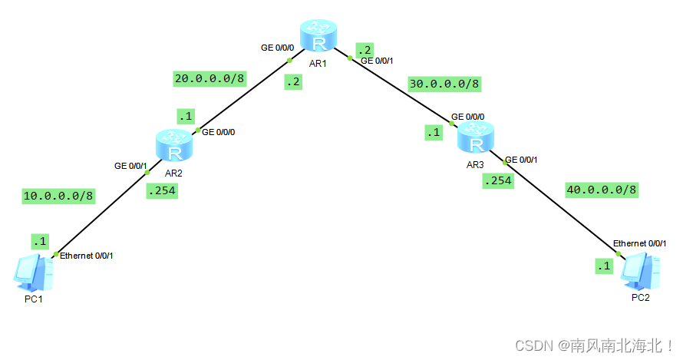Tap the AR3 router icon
[x=477, y=138]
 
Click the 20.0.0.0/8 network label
[x=210, y=78]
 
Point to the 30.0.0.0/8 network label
[x=444, y=84]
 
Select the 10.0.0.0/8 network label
[x=58, y=196]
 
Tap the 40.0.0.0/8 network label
[x=602, y=189]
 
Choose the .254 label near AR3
[x=497, y=181]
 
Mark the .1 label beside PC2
[x=605, y=266]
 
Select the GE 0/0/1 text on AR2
[x=131, y=165]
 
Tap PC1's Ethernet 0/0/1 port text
[x=87, y=256]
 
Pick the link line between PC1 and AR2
[x=100, y=214]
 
